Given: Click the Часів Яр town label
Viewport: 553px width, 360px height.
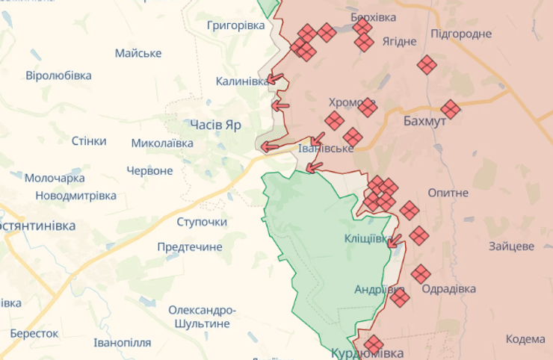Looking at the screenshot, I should (215, 125).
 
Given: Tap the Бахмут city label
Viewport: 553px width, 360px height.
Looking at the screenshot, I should (424, 120).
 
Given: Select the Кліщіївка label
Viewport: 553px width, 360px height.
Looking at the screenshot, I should (368, 239).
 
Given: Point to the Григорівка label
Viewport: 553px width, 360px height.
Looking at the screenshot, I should (236, 25).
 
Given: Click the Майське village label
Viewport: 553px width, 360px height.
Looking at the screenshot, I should (138, 53).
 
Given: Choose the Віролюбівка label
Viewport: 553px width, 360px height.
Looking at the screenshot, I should (58, 75).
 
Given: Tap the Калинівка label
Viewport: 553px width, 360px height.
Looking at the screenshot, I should (241, 81).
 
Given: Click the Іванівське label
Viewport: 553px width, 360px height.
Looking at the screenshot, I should (326, 149).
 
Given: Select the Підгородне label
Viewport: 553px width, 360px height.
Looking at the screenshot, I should (461, 34).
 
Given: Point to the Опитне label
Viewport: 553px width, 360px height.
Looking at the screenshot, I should (448, 193).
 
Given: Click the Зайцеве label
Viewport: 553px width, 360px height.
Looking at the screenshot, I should (511, 246).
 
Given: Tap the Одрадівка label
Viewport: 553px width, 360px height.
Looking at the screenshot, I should (448, 289).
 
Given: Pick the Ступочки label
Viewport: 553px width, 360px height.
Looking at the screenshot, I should (202, 222).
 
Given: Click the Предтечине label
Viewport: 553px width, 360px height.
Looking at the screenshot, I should (190, 246).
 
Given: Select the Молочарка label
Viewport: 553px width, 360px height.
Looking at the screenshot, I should (55, 179).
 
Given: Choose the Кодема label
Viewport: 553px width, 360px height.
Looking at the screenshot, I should (525, 338).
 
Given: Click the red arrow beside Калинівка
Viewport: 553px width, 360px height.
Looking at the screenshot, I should (275, 78).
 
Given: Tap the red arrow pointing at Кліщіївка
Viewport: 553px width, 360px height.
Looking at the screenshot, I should (395, 240).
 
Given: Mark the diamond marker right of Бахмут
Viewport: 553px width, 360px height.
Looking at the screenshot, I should (450, 109).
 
